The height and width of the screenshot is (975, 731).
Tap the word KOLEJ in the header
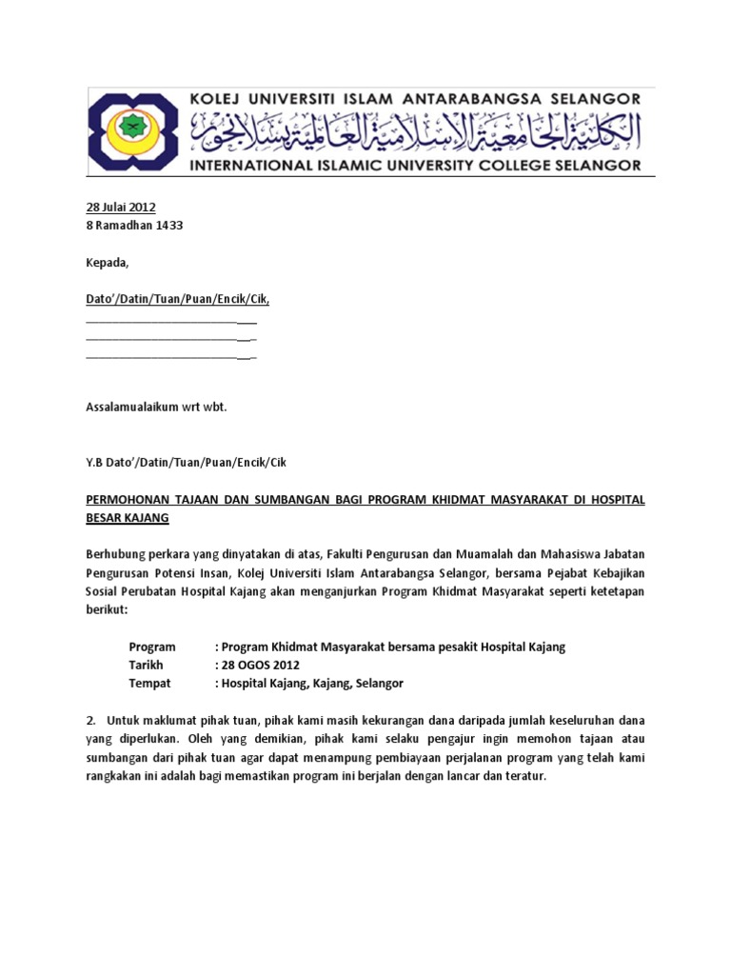pyautogui.click(x=218, y=97)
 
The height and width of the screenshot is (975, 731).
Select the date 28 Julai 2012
pyautogui.click(x=121, y=208)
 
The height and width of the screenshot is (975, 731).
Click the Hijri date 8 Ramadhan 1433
pyautogui.click(x=134, y=226)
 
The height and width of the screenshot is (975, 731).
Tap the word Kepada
pyautogui.click(x=107, y=263)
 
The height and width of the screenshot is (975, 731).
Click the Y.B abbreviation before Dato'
pyautogui.click(x=95, y=463)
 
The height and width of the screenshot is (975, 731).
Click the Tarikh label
pyautogui.click(x=146, y=665)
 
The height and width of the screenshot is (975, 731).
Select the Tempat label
pyautogui.click(x=149, y=683)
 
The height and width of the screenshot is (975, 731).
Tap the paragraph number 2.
pyautogui.click(x=90, y=721)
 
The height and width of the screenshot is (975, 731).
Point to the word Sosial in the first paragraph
pyautogui.click(x=104, y=591)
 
